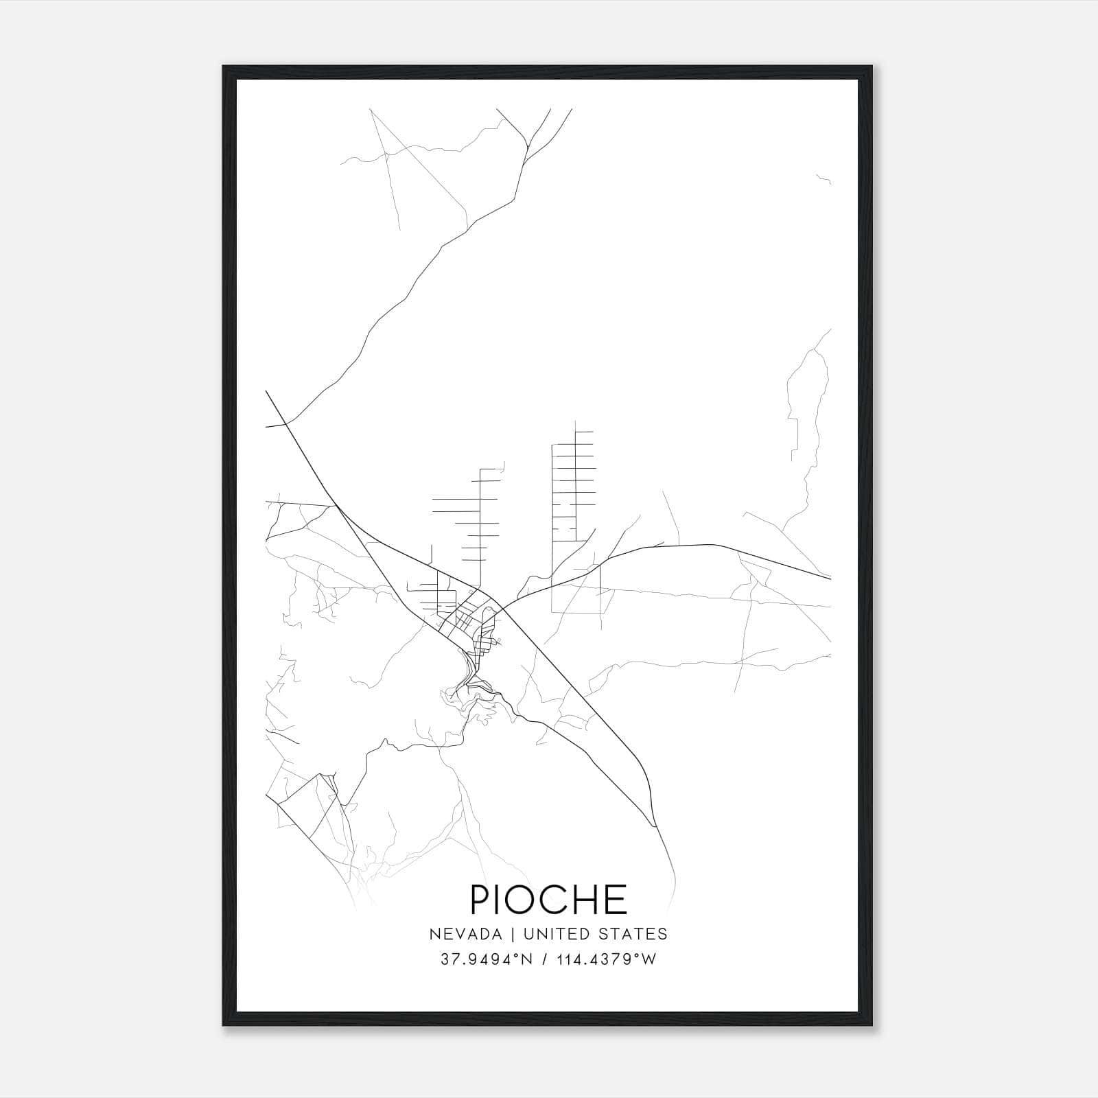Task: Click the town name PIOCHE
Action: (548, 899)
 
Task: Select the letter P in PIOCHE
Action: (480, 899)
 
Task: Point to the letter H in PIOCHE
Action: (583, 899)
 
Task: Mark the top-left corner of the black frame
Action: (224, 67)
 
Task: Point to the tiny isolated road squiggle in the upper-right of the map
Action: (824, 180)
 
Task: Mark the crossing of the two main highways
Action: (499, 607)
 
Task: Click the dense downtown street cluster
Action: (467, 618)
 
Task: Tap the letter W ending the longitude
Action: (650, 959)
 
